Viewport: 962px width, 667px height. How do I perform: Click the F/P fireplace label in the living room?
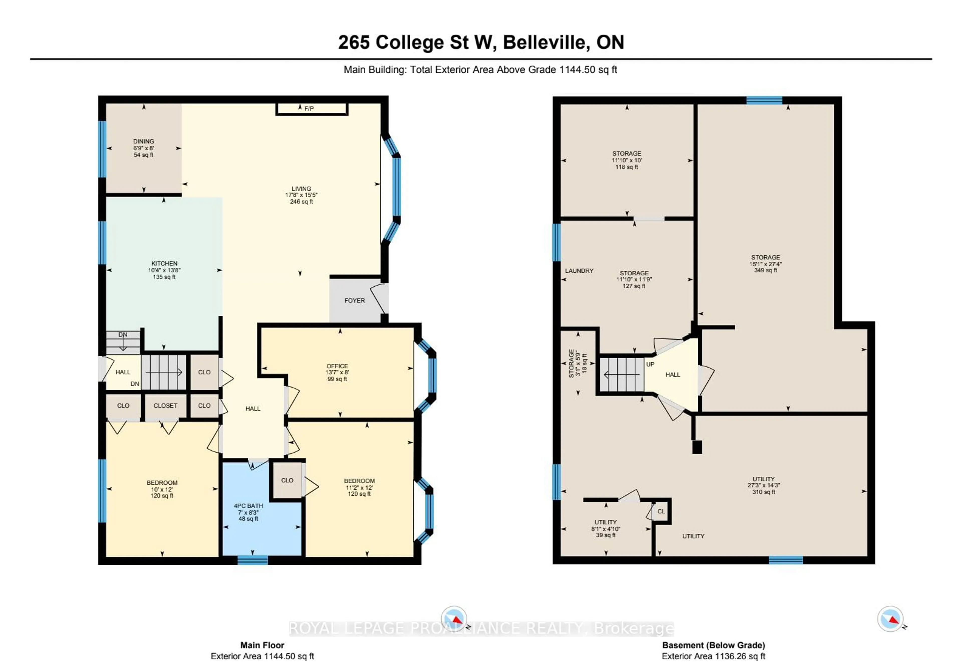309,109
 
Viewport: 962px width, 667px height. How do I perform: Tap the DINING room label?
143,141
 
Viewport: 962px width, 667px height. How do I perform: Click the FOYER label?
354,300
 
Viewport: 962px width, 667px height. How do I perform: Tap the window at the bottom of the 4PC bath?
253,561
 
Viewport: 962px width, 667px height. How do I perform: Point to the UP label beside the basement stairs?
650,364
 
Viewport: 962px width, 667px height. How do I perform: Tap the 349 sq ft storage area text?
765,270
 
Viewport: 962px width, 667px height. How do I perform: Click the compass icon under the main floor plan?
454,618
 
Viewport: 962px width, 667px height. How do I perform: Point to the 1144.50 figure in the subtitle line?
577,70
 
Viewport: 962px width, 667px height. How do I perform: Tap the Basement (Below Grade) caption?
713,645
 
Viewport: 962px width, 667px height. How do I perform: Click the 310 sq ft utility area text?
764,492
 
